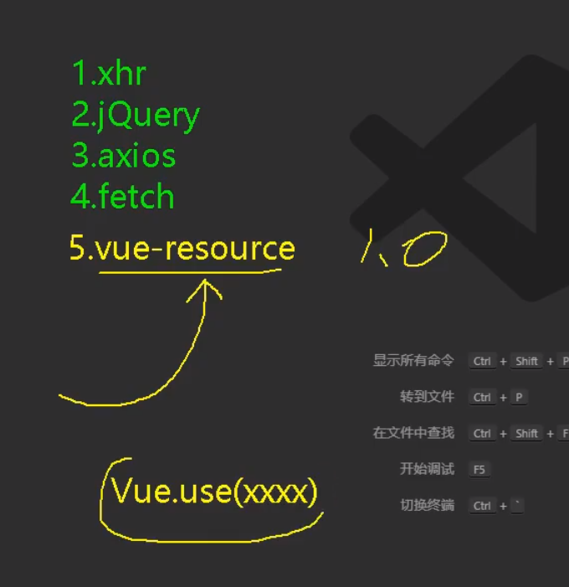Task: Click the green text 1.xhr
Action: point(109,75)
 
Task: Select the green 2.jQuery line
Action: point(136,116)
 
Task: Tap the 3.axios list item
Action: point(124,157)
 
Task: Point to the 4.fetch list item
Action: point(123,198)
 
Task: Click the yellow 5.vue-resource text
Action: point(182,249)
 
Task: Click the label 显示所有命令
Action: point(413,361)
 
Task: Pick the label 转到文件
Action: point(427,397)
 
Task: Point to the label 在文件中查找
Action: point(413,433)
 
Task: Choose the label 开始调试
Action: point(427,469)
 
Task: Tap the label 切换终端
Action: point(427,506)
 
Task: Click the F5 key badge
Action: point(479,470)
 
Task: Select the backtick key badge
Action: point(519,506)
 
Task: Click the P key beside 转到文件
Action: point(520,398)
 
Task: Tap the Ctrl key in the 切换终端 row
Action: point(482,506)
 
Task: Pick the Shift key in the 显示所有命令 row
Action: point(527,362)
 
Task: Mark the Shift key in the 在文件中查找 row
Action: point(527,434)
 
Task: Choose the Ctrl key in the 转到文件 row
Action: point(482,398)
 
